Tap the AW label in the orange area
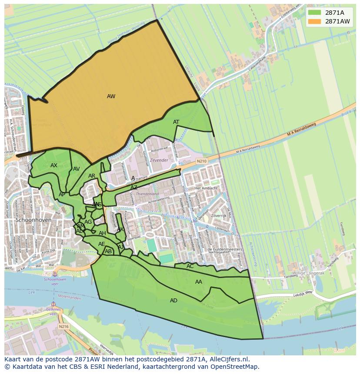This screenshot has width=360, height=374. pos(111,96)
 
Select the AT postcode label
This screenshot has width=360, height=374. pos(176,122)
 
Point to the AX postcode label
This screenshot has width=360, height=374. pos(54,165)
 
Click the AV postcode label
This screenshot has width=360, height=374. pos(77,169)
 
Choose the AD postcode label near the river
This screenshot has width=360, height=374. pos(173,301)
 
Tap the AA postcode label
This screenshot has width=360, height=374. pos(199,282)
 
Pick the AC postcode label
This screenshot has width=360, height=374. pos(190,266)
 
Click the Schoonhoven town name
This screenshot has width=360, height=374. pos(33,220)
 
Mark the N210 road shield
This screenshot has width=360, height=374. pos(202,161)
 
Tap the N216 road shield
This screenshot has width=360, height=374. pos(64,326)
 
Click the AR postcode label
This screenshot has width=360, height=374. pos(92,176)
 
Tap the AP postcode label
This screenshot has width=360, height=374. pos(62,195)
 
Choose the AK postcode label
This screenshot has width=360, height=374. pos(120,229)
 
